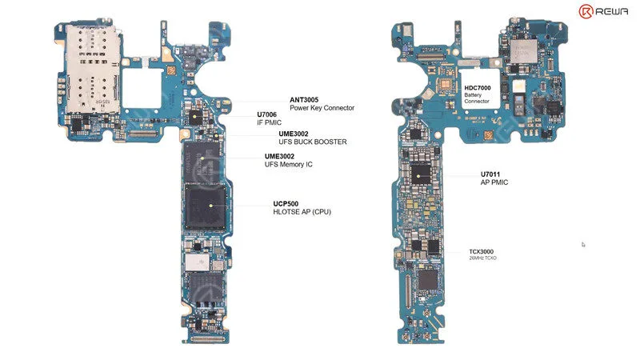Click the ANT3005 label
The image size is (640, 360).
click(x=304, y=99)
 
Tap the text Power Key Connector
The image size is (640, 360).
click(x=322, y=108)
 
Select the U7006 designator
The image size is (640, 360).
click(x=266, y=114)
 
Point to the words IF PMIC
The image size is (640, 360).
click(x=269, y=122)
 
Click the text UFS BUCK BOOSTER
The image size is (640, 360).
click(x=313, y=142)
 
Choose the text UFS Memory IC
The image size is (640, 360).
click(x=289, y=164)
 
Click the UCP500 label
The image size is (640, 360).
click(x=286, y=204)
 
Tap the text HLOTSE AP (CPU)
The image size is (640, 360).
click(x=302, y=212)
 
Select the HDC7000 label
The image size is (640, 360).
click(x=478, y=88)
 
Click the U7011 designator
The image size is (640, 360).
click(x=490, y=174)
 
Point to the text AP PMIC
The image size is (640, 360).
click(x=494, y=182)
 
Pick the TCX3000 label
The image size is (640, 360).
click(x=482, y=252)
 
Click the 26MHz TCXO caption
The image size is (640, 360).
click(x=483, y=258)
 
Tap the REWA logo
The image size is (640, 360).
click(x=603, y=11)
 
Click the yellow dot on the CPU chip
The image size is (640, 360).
click(x=210, y=206)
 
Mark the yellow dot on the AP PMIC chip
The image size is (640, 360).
click(x=418, y=176)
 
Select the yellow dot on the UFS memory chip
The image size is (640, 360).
click(x=202, y=158)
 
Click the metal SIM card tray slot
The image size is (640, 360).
click(x=93, y=69)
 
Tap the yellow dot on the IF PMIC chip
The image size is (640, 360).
click(x=195, y=117)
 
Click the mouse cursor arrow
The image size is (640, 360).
click(x=583, y=245)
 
